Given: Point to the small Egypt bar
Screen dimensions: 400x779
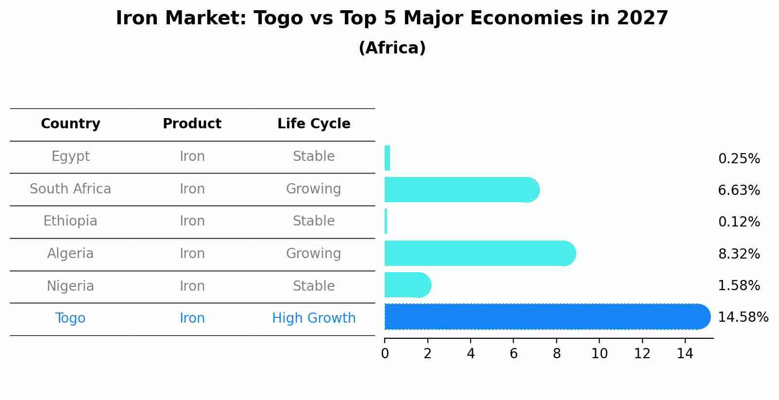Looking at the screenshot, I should [x=387, y=158].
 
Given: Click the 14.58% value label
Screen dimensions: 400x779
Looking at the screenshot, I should [x=743, y=317].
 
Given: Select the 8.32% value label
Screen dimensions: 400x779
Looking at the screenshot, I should [x=739, y=254].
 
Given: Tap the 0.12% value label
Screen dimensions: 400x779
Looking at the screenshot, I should [x=739, y=222].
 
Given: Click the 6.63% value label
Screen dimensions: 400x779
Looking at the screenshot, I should [x=739, y=191].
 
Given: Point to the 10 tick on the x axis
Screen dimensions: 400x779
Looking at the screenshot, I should [x=599, y=354].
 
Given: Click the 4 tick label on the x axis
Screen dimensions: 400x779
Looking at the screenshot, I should [x=471, y=354].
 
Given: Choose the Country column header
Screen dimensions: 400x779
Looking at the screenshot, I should [x=70, y=124].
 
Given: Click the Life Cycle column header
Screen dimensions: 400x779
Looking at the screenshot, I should [x=314, y=124].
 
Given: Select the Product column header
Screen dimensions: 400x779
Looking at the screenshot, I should [x=192, y=124].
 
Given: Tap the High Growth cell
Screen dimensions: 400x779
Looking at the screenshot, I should [x=314, y=318].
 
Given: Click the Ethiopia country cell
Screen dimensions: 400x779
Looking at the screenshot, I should [x=70, y=221].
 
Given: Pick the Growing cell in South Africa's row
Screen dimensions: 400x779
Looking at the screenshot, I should [x=314, y=189].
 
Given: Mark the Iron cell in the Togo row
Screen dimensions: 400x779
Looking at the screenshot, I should [x=192, y=318].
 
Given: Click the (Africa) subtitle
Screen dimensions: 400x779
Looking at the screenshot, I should [x=392, y=48].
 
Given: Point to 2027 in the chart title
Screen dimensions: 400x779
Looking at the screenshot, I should [x=642, y=18].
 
